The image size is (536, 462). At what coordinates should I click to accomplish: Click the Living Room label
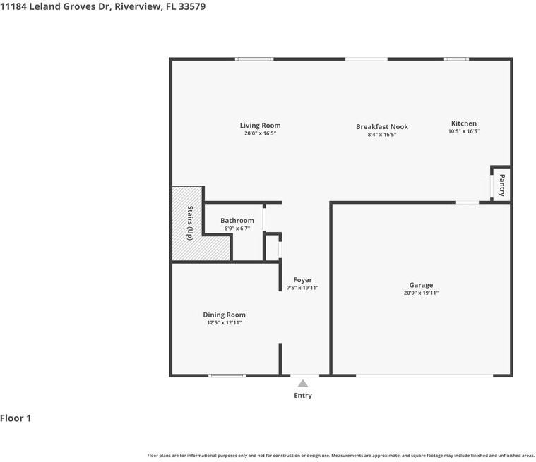(x=260, y=126)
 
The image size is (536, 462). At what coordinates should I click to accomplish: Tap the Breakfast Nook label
(x=382, y=127)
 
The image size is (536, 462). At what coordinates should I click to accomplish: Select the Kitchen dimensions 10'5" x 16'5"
(x=464, y=131)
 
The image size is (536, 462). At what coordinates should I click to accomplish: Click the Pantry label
(x=501, y=185)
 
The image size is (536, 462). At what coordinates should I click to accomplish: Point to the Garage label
(x=421, y=285)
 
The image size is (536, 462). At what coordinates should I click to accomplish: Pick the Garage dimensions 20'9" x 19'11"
(x=421, y=293)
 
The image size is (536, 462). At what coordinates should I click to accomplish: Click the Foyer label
(x=302, y=280)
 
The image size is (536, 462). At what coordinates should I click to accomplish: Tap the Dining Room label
(x=225, y=315)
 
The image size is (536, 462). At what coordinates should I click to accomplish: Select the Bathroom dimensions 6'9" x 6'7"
(x=237, y=229)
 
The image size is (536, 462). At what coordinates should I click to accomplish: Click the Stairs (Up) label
(x=190, y=223)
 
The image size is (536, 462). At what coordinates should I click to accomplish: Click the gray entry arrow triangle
(x=302, y=384)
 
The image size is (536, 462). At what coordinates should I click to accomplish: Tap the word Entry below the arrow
(x=303, y=396)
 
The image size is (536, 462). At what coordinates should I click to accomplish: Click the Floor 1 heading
(x=16, y=418)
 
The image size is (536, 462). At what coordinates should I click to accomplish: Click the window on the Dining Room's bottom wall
(x=227, y=376)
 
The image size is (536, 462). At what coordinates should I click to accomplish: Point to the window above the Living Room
(x=254, y=59)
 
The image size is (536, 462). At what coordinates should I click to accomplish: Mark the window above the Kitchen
(x=456, y=59)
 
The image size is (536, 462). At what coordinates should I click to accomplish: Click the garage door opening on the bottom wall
(x=424, y=376)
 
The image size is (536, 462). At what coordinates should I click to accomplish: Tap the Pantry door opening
(x=492, y=186)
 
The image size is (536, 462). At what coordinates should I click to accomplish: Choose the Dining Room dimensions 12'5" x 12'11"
(x=225, y=322)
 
